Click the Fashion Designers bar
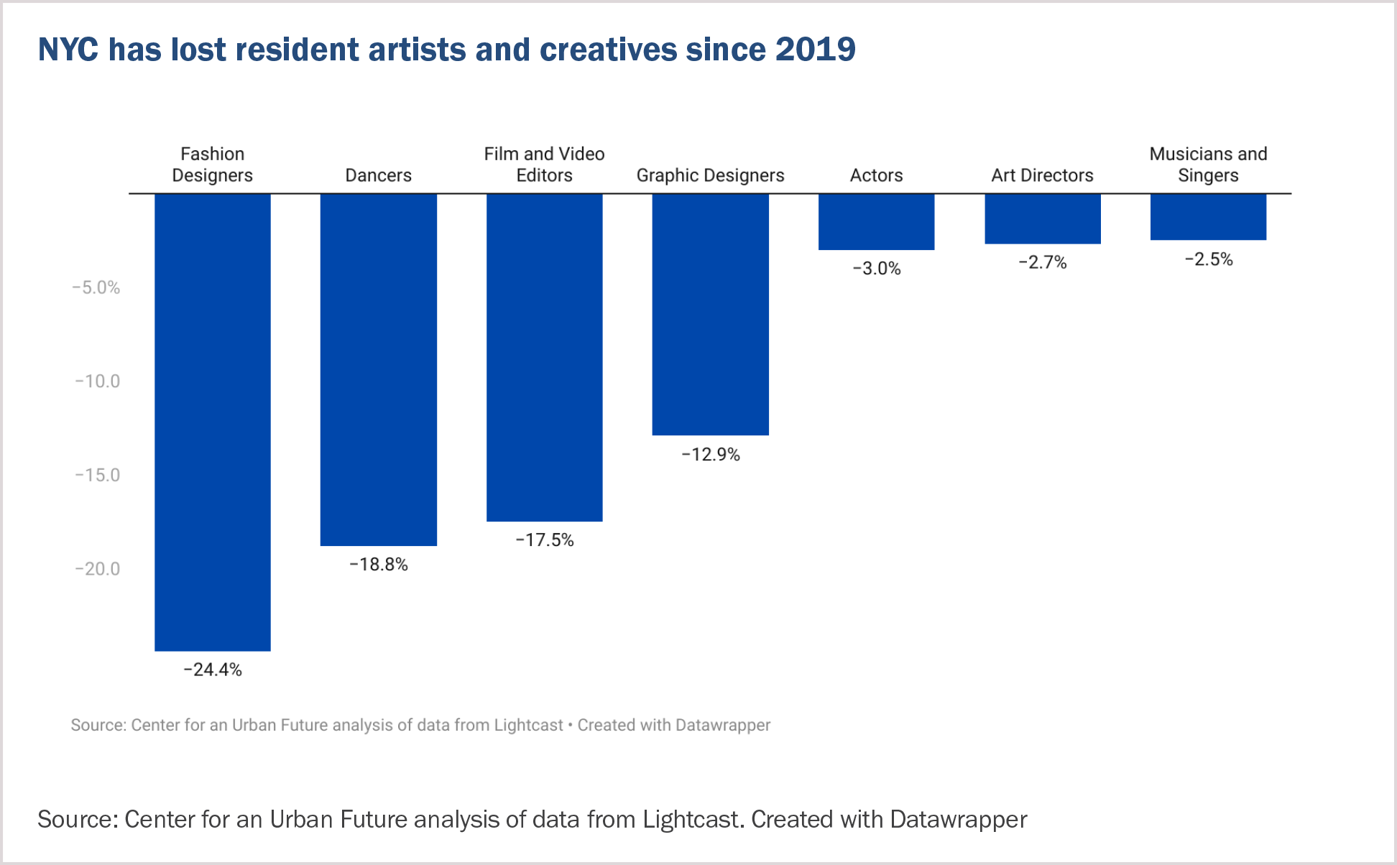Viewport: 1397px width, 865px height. pos(213,422)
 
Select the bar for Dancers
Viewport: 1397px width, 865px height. pos(379,370)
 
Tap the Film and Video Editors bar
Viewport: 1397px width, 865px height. pos(545,358)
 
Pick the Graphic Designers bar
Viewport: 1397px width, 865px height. pos(711,315)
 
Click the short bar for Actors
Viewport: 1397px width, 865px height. pos(877,222)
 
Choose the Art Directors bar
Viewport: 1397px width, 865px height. pos(1043,219)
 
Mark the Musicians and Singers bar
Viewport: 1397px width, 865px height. pos(1209,217)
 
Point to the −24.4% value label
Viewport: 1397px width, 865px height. pos(213,670)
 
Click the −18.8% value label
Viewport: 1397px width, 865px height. pos(379,565)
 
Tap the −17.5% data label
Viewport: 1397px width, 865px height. pos(545,540)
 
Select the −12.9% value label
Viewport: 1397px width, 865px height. pos(711,455)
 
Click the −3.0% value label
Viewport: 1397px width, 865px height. pos(877,269)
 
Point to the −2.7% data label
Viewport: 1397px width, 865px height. pos(1043,262)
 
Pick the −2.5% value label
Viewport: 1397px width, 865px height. pos(1209,259)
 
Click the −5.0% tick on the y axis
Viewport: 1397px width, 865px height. pos(96,288)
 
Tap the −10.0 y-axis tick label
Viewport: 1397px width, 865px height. pos(98,381)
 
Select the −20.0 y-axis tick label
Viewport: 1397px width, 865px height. pos(98,569)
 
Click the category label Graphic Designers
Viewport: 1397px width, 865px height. pos(711,175)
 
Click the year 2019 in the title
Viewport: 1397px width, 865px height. pos(816,50)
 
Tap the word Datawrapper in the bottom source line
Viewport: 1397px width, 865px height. pos(959,820)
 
